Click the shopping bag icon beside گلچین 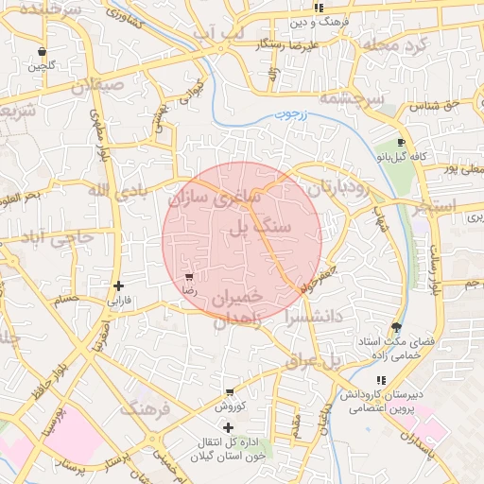tap(41, 51)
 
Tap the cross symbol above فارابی tap(117, 285)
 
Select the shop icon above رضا tap(189, 277)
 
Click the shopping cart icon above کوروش tap(230, 391)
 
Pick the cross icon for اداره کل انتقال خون tap(227, 427)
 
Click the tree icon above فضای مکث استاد tap(395, 326)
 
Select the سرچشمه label tap(351, 97)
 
